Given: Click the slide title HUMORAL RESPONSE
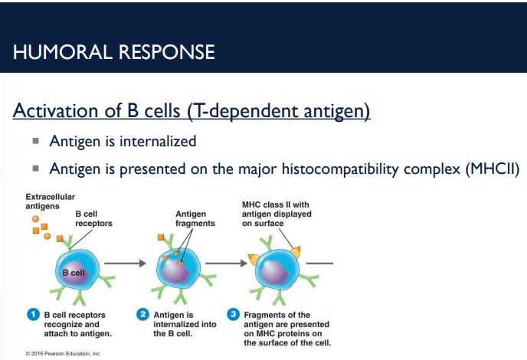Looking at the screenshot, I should point(114,52).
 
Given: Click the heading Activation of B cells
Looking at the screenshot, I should point(191,110).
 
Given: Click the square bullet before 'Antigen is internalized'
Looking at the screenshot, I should point(35,141).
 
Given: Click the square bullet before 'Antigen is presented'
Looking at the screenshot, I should point(35,169).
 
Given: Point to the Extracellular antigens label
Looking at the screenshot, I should point(50,201).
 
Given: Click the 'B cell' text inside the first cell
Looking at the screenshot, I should point(74,273).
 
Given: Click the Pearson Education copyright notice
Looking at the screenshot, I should point(63,353).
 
